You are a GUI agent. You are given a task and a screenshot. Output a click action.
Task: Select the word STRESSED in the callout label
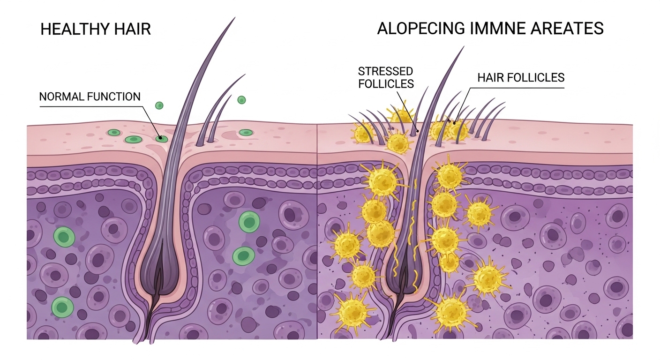click(x=385, y=72)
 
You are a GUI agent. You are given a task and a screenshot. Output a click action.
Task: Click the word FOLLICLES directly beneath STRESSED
click(x=385, y=84)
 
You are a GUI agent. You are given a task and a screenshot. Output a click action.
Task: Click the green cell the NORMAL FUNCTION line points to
click(x=162, y=138)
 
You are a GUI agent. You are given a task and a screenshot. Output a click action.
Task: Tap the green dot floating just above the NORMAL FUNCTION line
click(x=159, y=105)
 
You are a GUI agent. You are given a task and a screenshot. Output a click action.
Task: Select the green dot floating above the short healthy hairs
click(x=241, y=99)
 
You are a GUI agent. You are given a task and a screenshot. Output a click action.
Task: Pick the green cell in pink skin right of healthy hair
click(x=246, y=133)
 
